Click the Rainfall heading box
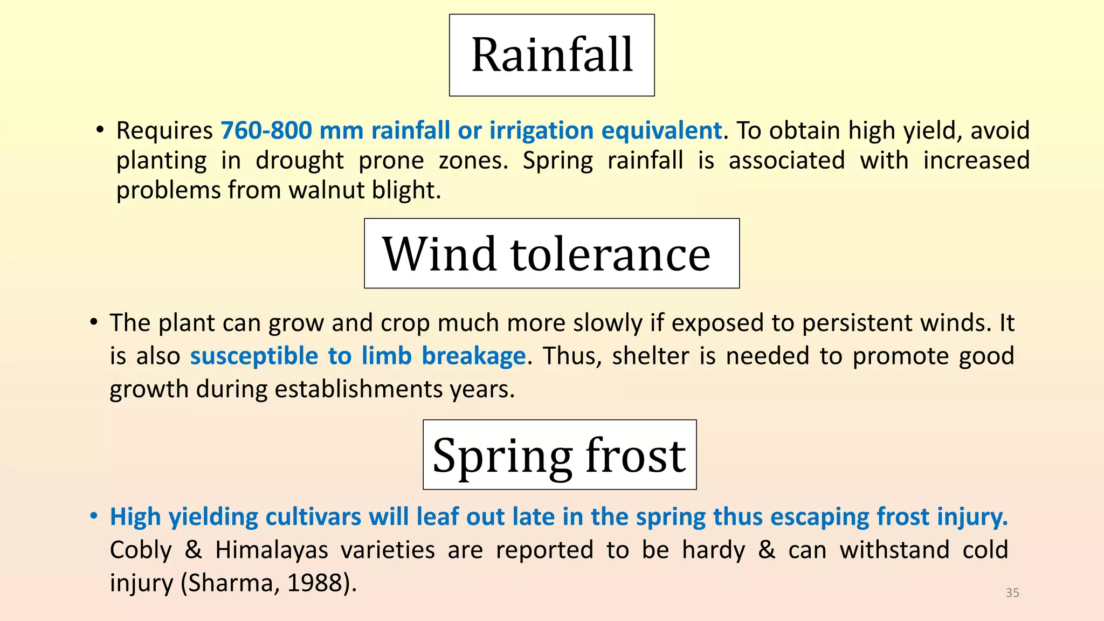(552, 55)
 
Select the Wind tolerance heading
(551, 253)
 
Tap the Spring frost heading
(560, 454)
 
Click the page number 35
(1012, 592)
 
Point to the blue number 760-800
(266, 130)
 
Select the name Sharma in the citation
(233, 583)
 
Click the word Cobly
(141, 550)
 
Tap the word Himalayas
(272, 550)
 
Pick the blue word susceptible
(254, 356)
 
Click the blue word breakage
(473, 356)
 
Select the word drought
(300, 161)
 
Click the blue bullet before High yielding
(94, 516)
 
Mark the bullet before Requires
(100, 130)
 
